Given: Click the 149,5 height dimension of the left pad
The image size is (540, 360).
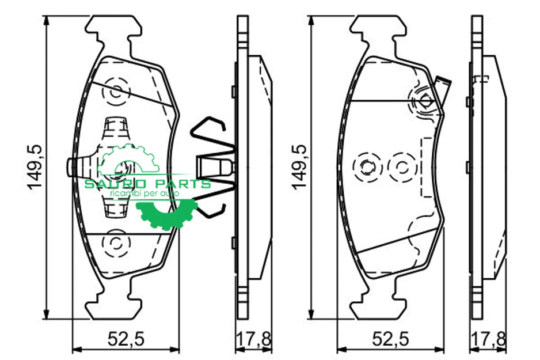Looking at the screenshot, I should tap(35, 167).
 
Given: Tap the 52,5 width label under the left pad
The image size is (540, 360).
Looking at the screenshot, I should tap(126, 340).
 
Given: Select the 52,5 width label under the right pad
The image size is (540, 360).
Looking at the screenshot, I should tap(390, 340).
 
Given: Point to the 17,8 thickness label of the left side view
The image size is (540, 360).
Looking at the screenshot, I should tap(253, 340).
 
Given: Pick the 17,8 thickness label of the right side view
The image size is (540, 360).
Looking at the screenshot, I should tap(488, 340).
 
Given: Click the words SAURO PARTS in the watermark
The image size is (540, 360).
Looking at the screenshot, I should tap(148, 184).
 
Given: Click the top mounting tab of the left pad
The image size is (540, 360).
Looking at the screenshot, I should tap(113, 28).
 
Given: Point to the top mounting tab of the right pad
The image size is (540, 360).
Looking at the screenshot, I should tap(378, 28).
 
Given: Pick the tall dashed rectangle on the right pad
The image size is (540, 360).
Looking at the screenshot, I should tap(427, 167).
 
